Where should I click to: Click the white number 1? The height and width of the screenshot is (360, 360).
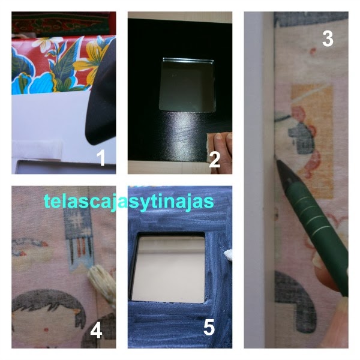[101, 158]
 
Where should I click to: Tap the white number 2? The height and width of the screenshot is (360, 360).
[215, 160]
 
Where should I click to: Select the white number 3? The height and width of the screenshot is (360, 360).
[328, 39]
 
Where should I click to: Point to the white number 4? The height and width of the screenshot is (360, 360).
[96, 331]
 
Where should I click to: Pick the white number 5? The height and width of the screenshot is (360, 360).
[209, 327]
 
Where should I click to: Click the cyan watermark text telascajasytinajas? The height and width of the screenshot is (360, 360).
[129, 202]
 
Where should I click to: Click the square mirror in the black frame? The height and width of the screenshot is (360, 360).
[188, 85]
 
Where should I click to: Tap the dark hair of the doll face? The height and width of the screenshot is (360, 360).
[46, 301]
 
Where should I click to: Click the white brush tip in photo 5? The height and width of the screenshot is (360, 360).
[228, 255]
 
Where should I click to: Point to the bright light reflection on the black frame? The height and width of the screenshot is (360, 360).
[184, 133]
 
